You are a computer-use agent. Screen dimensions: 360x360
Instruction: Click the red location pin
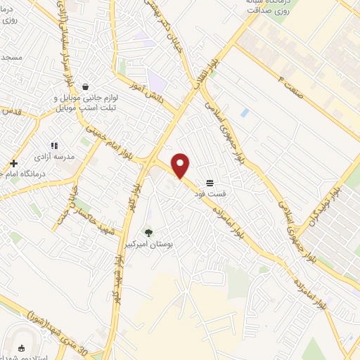pos(181,166)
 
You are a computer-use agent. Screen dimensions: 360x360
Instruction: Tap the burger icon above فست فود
pos(210,181)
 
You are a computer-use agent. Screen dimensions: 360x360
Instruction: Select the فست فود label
pos(211,193)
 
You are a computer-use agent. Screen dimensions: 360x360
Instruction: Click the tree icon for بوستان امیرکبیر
pos(148,233)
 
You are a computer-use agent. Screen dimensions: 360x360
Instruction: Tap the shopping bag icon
pos(86,87)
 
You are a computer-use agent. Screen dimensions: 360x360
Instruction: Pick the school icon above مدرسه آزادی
pos(54,145)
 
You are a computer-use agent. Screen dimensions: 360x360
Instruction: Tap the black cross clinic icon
pos(14,163)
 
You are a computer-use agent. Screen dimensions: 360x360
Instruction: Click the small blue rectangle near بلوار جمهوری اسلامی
pos(244,112)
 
